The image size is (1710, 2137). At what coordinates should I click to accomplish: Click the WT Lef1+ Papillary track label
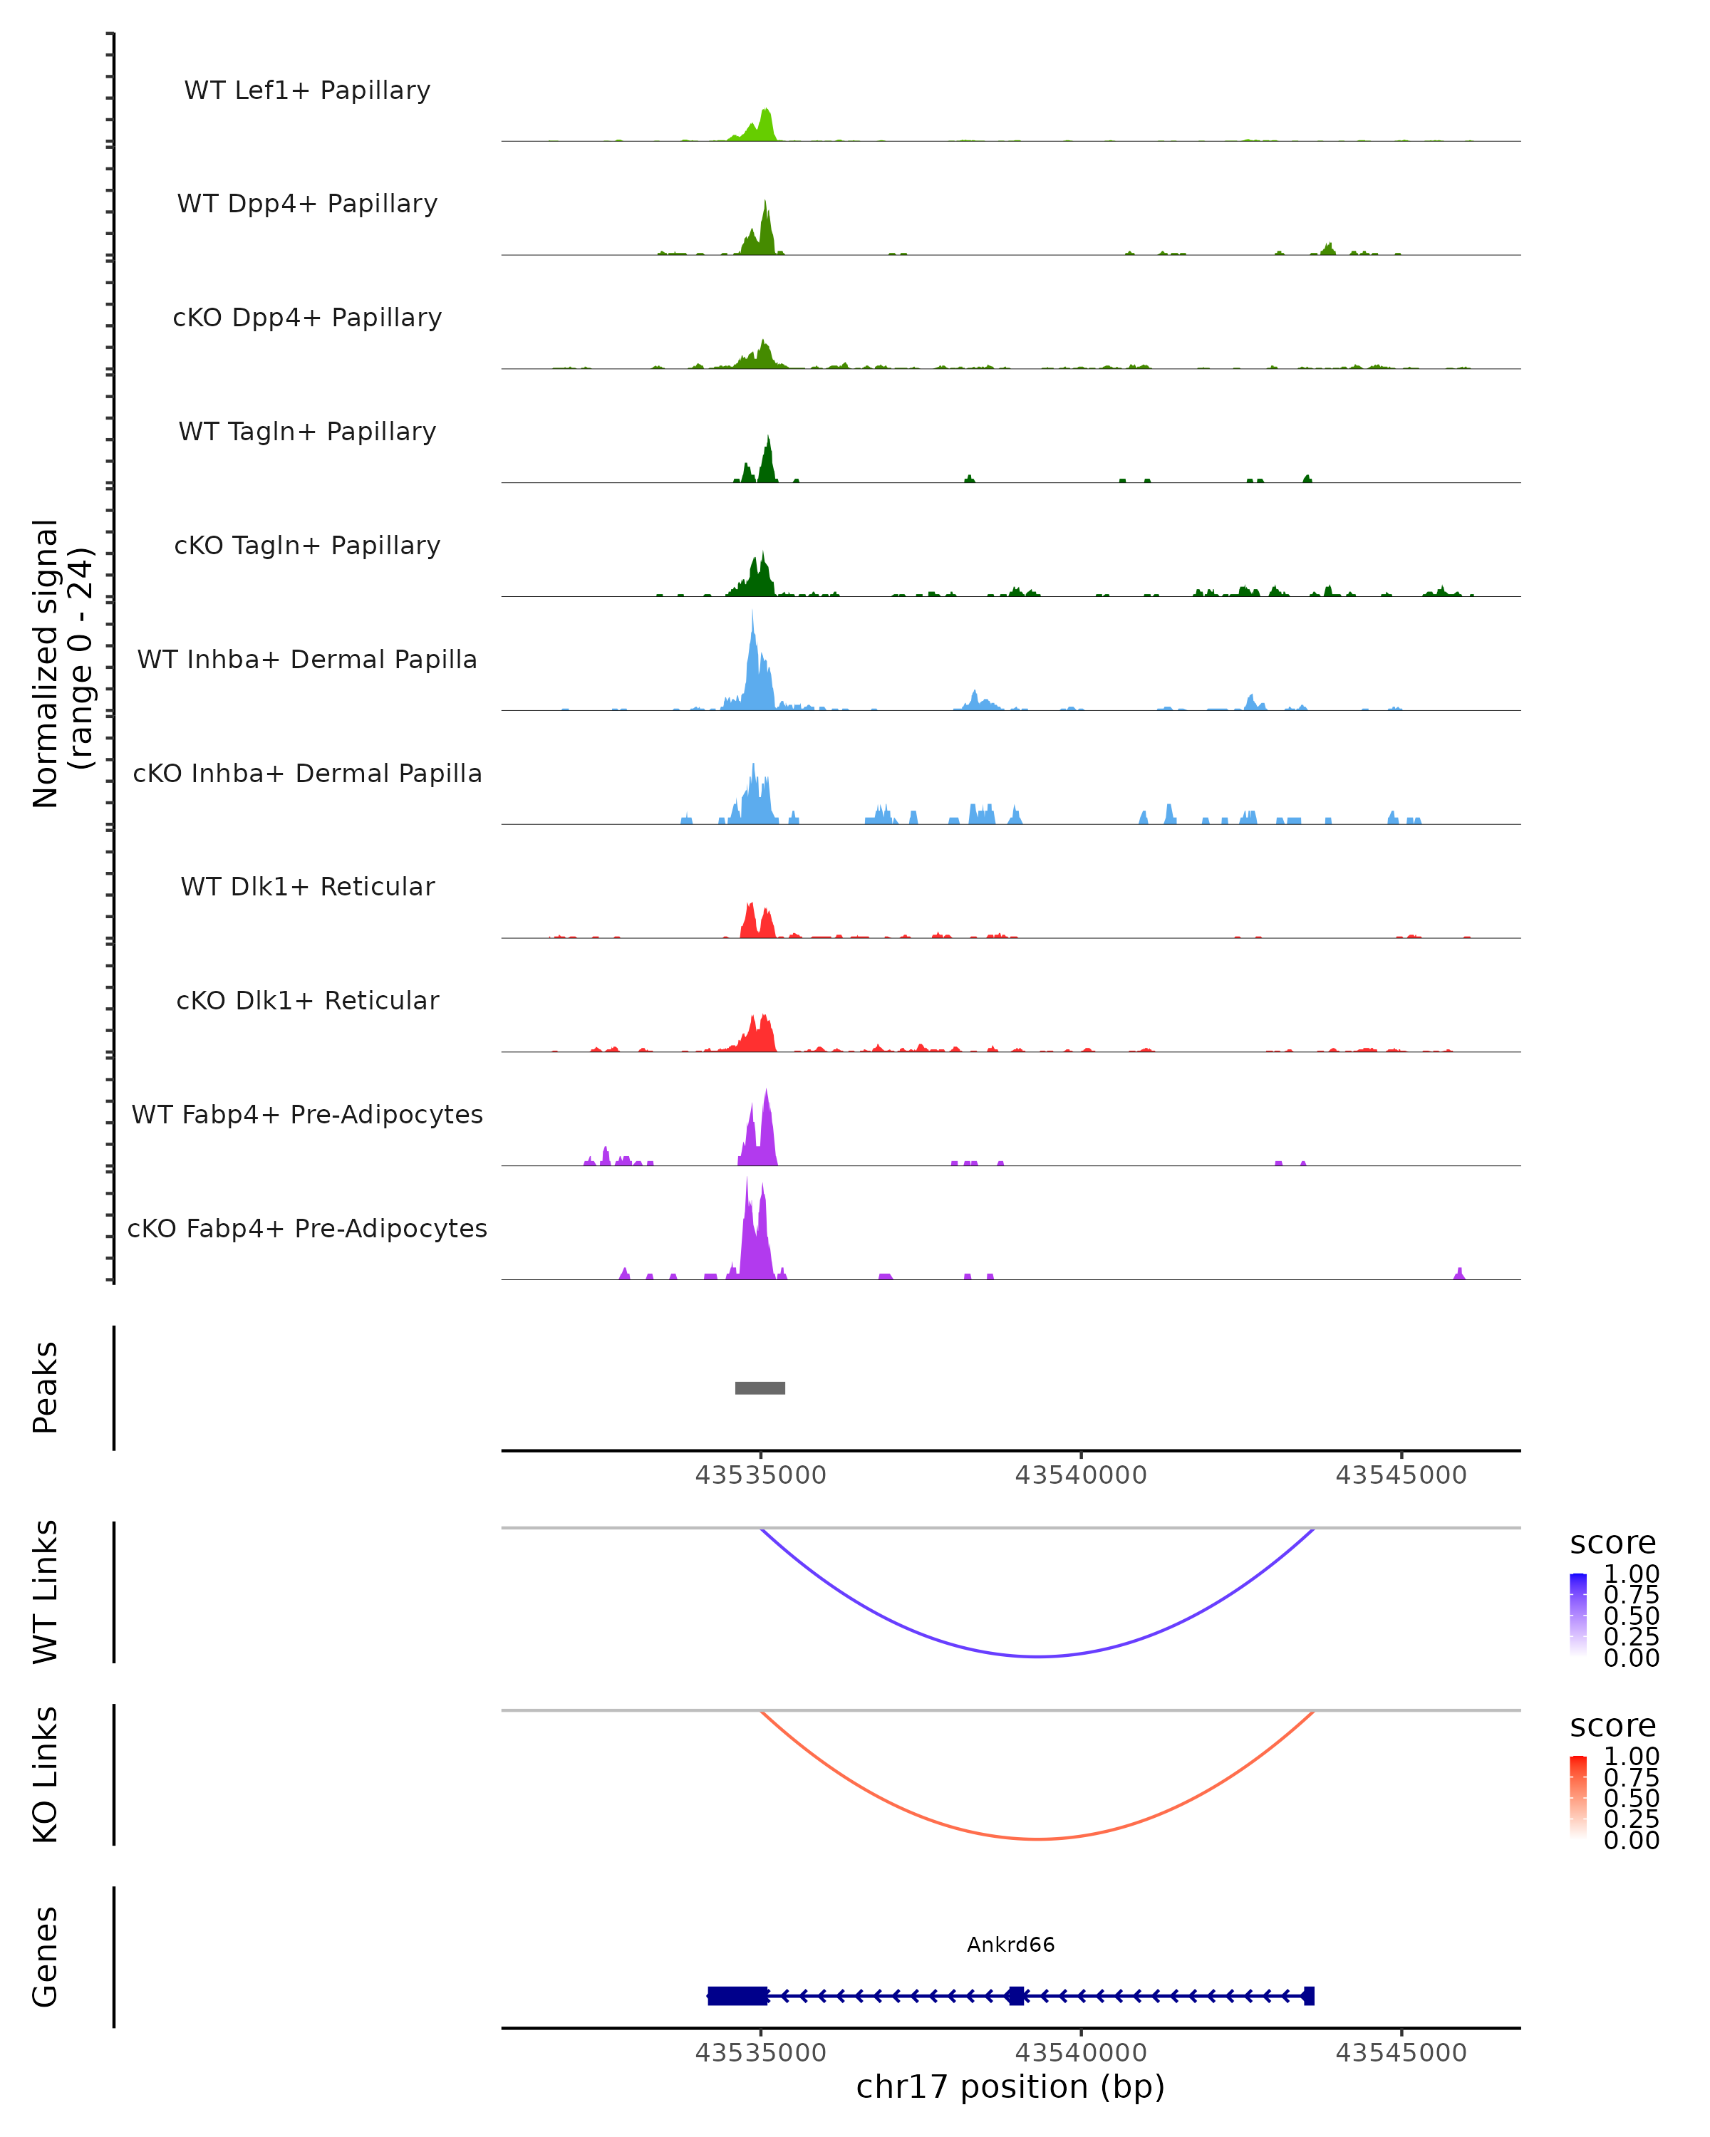(x=307, y=90)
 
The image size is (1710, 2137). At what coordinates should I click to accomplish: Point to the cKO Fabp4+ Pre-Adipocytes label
(x=307, y=1228)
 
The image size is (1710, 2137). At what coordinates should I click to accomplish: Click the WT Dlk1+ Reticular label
(x=307, y=886)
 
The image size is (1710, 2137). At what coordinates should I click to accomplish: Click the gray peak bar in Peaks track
(x=760, y=1388)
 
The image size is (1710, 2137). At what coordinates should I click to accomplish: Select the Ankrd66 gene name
(x=1010, y=1945)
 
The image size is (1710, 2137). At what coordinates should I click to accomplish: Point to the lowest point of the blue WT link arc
(x=1037, y=1656)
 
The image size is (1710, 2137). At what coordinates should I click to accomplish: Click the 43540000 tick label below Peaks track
(x=1081, y=1475)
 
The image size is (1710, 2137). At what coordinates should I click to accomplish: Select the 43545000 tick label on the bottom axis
(x=1401, y=2053)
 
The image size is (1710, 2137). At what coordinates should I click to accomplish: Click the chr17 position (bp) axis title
(x=1010, y=2087)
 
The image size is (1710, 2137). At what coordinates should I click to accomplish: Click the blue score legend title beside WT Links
(x=1613, y=1544)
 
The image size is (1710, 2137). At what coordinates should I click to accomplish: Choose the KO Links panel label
(x=46, y=1775)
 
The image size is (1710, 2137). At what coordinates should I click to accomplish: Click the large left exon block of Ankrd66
(x=737, y=1995)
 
